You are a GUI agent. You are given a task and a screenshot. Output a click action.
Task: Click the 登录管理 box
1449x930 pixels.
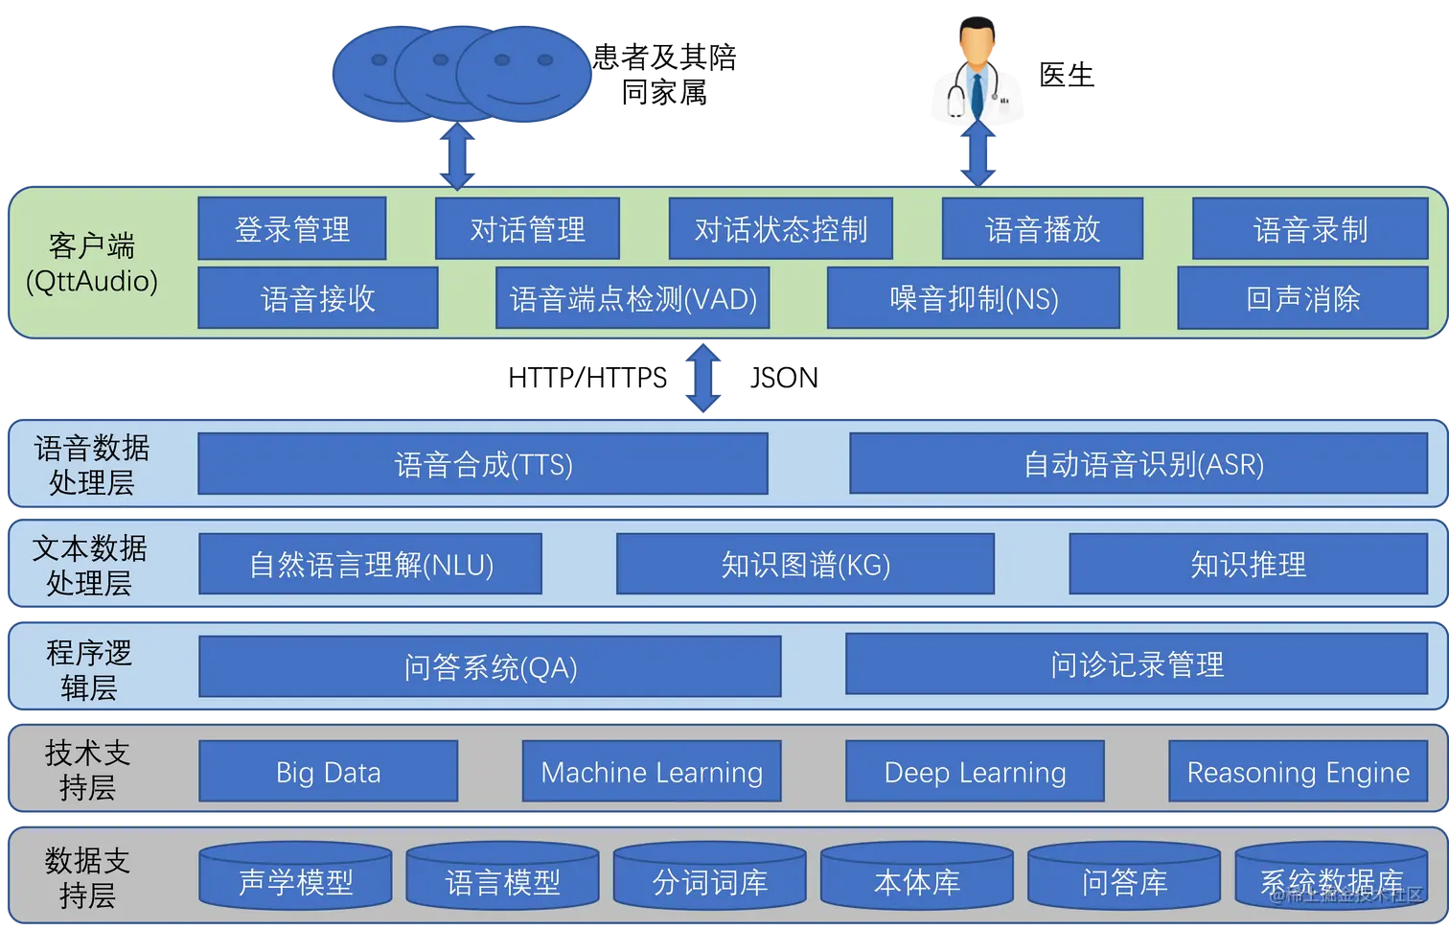coord(292,228)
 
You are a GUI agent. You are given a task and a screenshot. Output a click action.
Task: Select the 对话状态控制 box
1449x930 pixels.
coord(780,228)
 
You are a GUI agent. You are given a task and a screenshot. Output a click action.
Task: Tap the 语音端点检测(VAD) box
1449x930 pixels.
coord(632,298)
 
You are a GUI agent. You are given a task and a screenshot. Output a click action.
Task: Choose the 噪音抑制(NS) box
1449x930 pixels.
coord(973,298)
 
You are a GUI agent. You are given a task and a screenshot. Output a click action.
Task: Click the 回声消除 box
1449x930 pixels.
coord(1302,298)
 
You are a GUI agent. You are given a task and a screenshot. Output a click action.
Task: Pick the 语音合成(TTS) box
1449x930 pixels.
coord(483,464)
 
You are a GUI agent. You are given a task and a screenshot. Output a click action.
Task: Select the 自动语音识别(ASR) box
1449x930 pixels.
coord(1138,464)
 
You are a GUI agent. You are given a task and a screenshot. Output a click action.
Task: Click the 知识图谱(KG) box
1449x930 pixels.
coord(805,564)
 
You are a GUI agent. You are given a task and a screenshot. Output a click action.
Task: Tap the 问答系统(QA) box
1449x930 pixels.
coord(490,666)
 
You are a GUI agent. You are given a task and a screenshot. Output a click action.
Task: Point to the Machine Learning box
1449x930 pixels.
coord(652,772)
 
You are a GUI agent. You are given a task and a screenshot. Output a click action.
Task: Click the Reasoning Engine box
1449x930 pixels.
coord(1298,772)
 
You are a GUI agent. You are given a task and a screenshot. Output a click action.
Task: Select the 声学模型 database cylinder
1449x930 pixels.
coord(295,877)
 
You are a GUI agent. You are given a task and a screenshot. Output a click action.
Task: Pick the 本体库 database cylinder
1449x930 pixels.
coord(916,877)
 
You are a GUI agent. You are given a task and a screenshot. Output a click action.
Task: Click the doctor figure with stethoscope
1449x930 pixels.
coord(977,72)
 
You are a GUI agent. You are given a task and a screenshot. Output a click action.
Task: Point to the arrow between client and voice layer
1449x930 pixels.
coord(704,378)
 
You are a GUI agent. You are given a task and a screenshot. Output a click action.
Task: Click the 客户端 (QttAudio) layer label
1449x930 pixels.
coord(92,263)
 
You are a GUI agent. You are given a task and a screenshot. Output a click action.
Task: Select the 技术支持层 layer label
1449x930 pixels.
coord(87,770)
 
